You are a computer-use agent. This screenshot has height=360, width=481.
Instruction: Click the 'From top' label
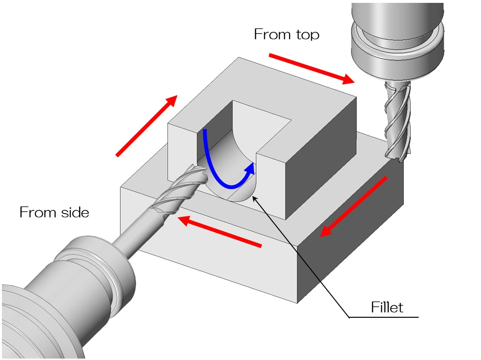pyautogui.click(x=286, y=35)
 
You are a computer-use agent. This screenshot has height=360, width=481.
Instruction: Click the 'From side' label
pyautogui.click(x=54, y=212)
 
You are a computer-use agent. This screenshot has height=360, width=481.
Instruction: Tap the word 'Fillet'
pyautogui.click(x=387, y=307)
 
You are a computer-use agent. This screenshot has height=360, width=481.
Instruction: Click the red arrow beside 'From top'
pyautogui.click(x=312, y=68)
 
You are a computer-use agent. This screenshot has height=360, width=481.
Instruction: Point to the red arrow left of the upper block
pyautogui.click(x=146, y=126)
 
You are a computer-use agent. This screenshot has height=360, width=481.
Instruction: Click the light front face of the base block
pyautogui.click(x=216, y=269)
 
